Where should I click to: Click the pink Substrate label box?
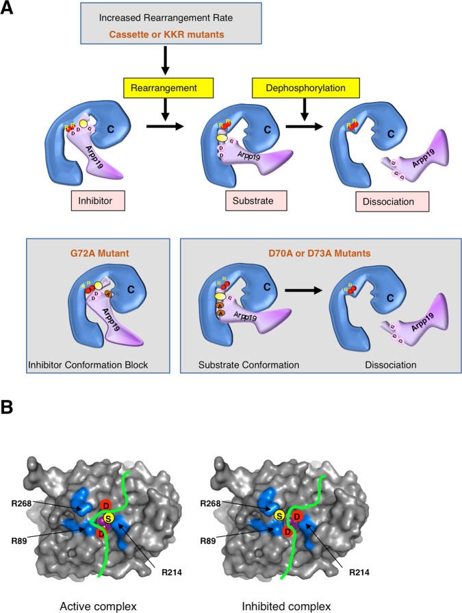pos(255,201)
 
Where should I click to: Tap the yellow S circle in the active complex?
pos(109,526)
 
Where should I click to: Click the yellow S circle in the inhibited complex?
pos(279,515)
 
